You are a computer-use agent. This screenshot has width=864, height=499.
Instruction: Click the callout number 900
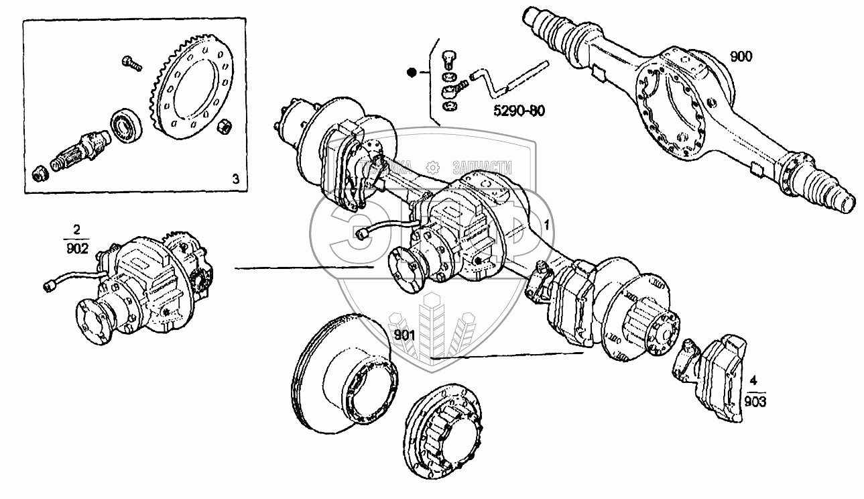pyautogui.click(x=741, y=57)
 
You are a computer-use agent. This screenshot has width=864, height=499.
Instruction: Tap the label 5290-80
pyautogui.click(x=515, y=110)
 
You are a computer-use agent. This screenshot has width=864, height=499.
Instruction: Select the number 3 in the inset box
pyautogui.click(x=235, y=178)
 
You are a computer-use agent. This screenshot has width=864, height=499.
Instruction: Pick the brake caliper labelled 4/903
pyautogui.click(x=717, y=379)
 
